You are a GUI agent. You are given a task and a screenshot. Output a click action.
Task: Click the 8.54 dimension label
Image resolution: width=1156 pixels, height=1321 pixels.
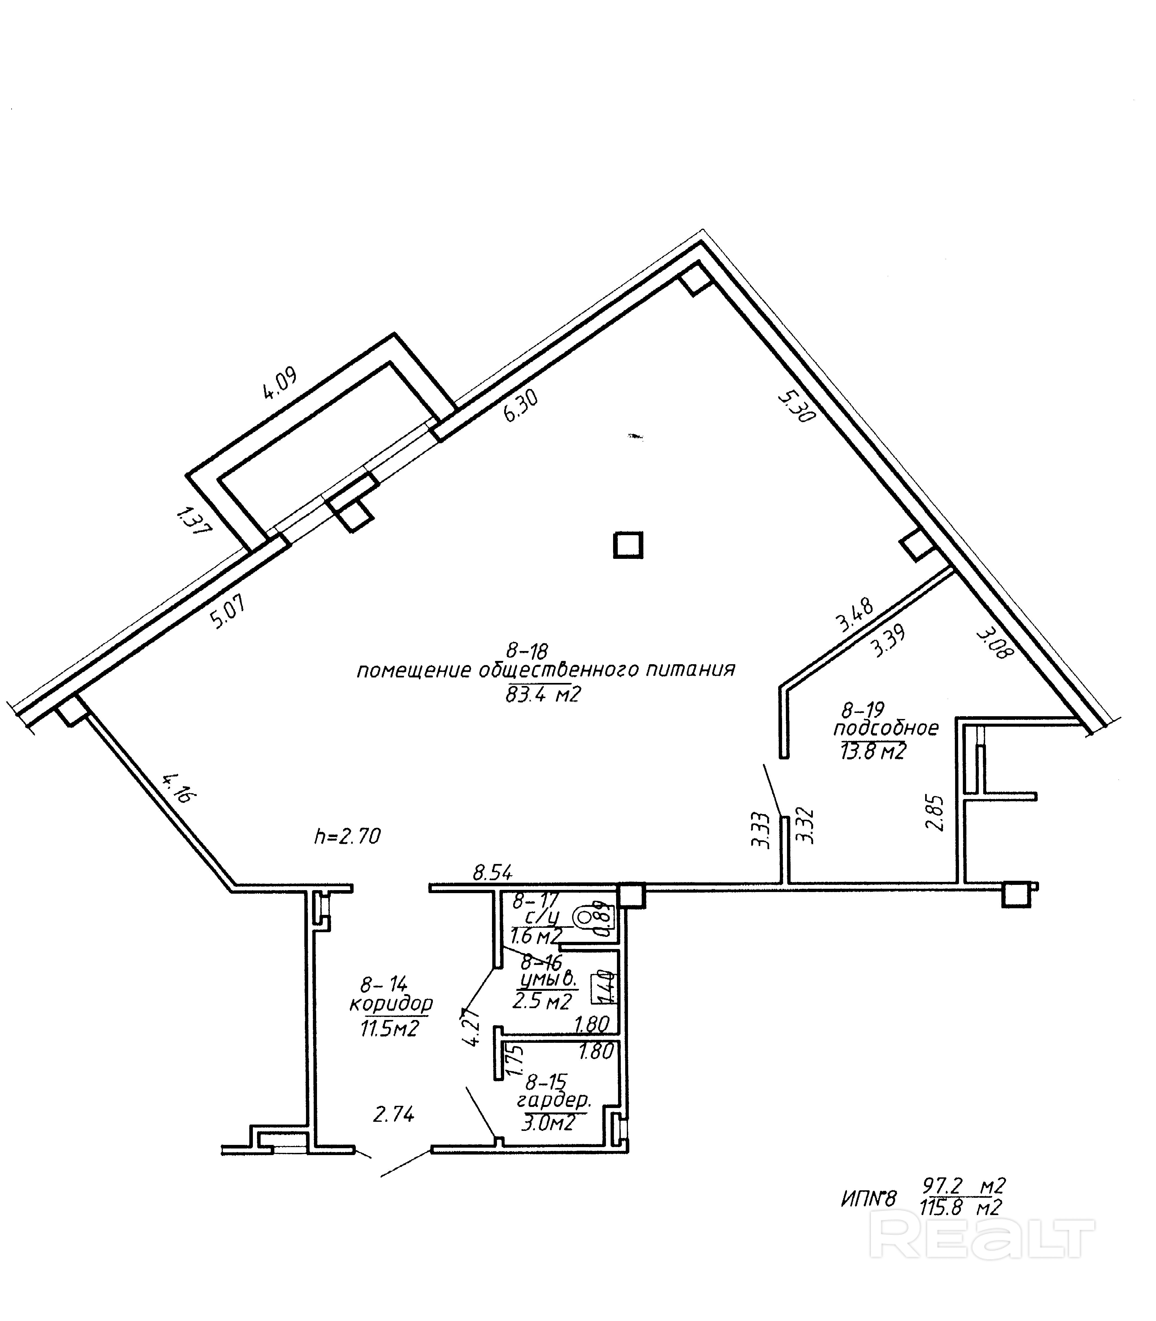click(x=492, y=873)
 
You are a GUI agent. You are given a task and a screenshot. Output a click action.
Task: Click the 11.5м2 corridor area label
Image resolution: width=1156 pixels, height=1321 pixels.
click(x=390, y=1028)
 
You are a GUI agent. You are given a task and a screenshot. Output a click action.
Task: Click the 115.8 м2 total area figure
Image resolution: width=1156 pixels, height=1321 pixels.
click(x=962, y=1207)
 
